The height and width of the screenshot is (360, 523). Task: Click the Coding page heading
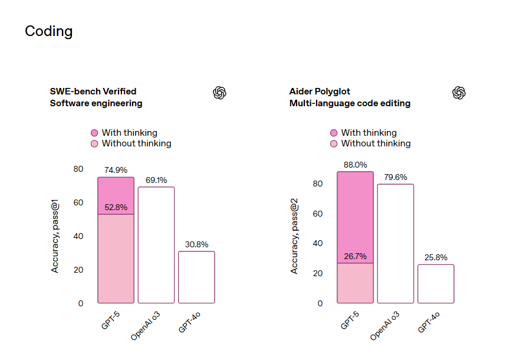[x=49, y=31]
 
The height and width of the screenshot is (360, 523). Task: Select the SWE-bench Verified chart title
[x=93, y=91]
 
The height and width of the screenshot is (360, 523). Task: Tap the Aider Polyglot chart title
[x=320, y=91]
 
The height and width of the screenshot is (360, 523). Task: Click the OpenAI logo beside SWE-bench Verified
[x=220, y=92]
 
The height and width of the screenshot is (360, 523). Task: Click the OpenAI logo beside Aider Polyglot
[x=459, y=92]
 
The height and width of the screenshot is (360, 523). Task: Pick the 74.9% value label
[x=116, y=170]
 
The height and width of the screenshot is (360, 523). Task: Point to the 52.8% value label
[x=116, y=207]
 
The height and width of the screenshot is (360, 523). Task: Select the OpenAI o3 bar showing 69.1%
[x=156, y=245]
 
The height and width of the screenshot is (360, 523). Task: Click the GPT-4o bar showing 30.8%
[x=196, y=277]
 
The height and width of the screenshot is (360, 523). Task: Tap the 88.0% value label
[x=356, y=165]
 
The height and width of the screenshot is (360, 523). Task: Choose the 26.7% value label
[x=356, y=256]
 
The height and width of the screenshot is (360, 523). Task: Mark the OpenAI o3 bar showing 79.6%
[x=396, y=244]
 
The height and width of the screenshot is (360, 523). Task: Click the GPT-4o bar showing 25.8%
[x=436, y=284]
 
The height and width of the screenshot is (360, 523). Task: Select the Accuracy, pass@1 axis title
[x=55, y=236]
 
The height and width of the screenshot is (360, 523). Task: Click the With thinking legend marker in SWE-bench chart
[x=94, y=133]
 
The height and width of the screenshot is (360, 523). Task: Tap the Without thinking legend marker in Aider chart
[x=334, y=143]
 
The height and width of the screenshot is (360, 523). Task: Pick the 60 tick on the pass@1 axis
[x=78, y=202]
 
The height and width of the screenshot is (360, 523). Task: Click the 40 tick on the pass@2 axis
[x=318, y=243]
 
